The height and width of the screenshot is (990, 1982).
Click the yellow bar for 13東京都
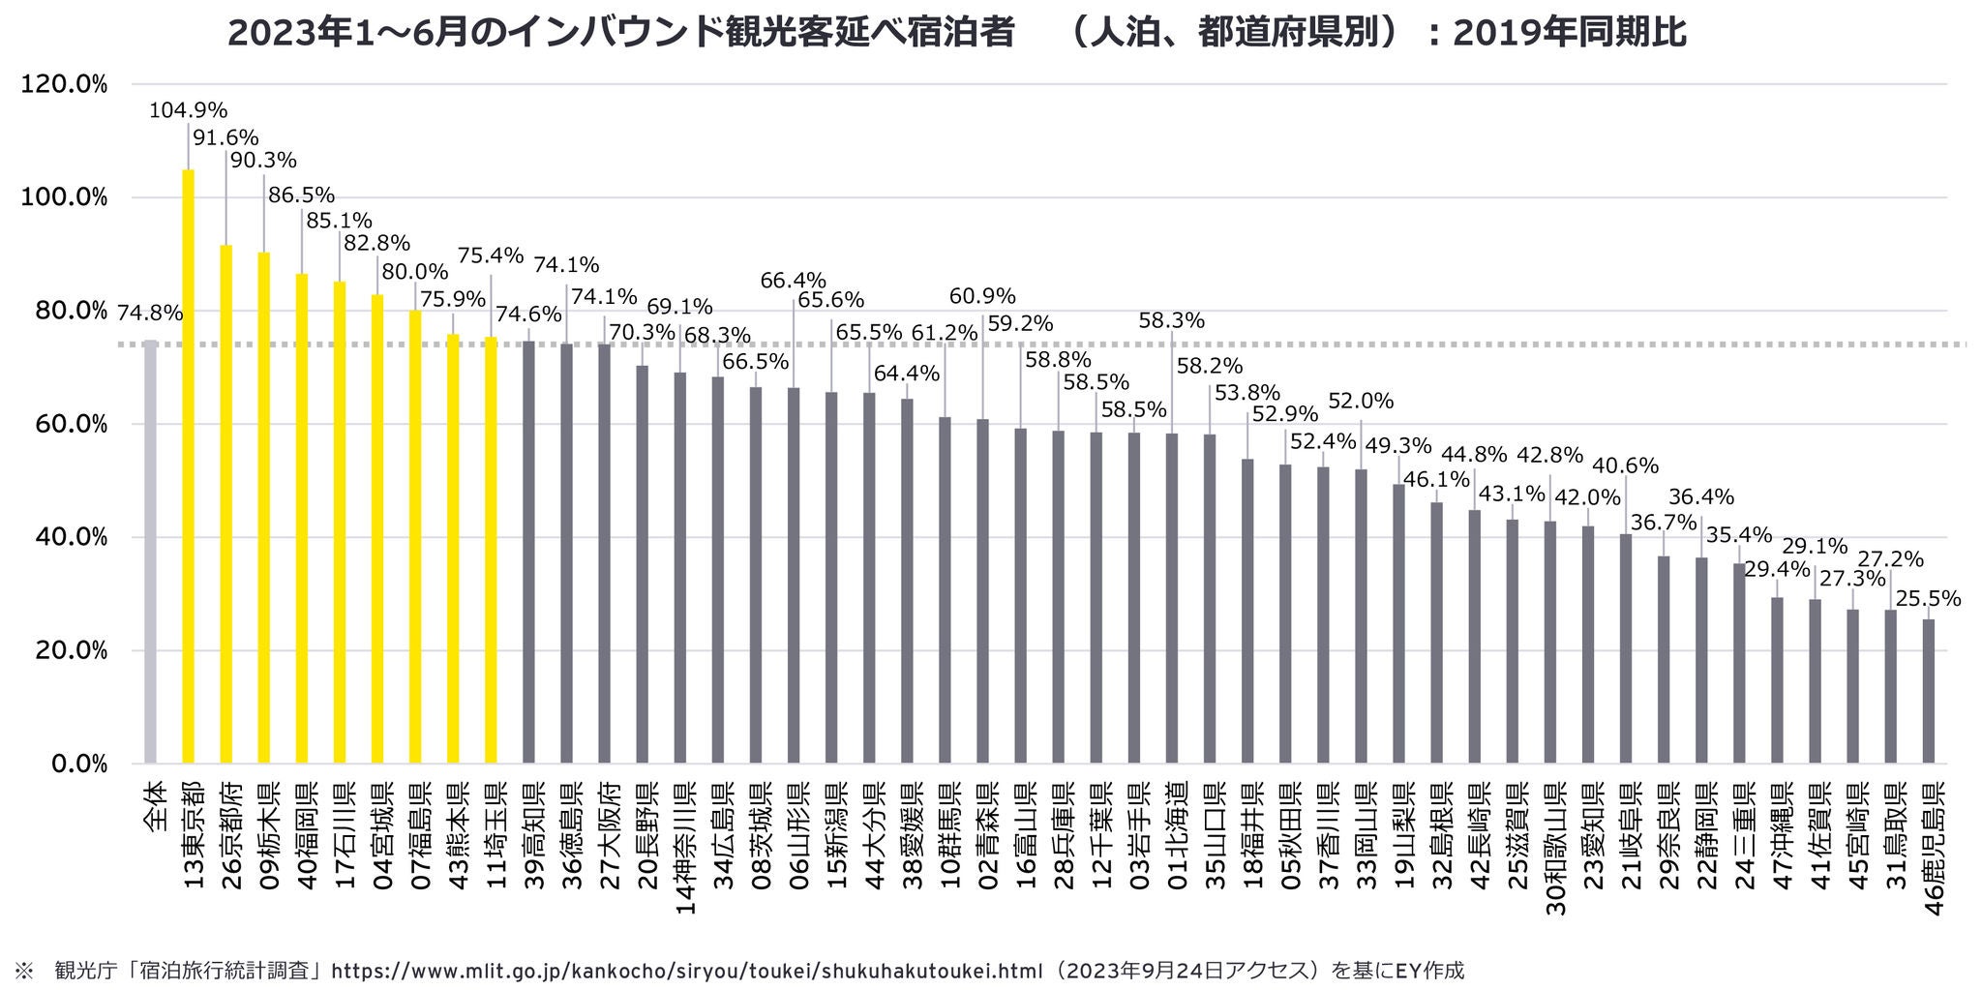[x=188, y=466]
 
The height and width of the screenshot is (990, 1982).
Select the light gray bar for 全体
[x=150, y=552]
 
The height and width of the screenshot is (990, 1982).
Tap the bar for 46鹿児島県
[x=1929, y=691]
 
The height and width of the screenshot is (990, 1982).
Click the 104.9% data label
[x=188, y=110]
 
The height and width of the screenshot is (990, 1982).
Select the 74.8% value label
[x=150, y=313]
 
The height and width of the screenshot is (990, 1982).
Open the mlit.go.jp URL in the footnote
[x=688, y=971]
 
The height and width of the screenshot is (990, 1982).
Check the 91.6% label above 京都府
[x=225, y=137]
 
